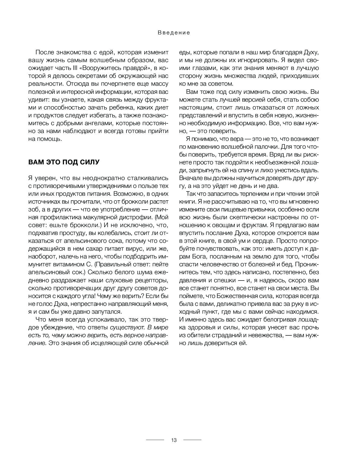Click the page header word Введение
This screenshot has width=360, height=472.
click(x=174, y=33)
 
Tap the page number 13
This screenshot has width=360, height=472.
click(x=174, y=440)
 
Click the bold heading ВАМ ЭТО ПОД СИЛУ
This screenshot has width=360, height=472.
click(x=64, y=162)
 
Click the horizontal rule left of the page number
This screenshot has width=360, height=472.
click(x=155, y=440)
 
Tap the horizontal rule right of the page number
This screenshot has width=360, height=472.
click(x=192, y=440)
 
